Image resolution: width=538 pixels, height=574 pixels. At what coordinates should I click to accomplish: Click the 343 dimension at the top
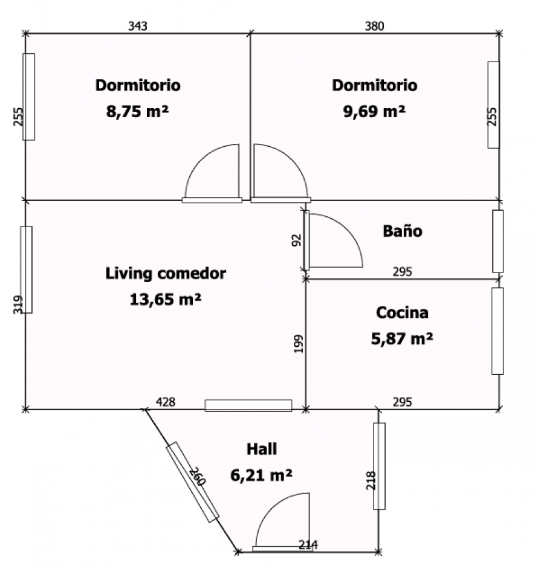138,26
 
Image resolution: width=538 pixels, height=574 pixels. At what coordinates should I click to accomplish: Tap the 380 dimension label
374,26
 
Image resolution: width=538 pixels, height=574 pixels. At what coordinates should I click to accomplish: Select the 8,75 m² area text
137,111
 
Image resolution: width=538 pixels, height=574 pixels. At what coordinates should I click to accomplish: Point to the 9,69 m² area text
374,111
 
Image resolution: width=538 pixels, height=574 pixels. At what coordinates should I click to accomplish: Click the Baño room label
403,231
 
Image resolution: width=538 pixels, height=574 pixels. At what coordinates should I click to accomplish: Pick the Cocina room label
402,312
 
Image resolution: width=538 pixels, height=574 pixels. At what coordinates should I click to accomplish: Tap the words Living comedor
166,274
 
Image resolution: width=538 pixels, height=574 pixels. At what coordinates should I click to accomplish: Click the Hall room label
262,449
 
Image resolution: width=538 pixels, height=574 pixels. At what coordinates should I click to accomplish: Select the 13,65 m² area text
166,300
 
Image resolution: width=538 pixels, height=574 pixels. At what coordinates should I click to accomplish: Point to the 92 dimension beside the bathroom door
296,240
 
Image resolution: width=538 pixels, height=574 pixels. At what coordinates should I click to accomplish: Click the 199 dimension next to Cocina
299,344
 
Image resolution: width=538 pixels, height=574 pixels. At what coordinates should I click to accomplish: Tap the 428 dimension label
166,402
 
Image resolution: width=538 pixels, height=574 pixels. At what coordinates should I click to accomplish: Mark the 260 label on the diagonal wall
198,476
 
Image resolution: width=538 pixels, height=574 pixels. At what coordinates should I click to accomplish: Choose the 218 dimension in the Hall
371,480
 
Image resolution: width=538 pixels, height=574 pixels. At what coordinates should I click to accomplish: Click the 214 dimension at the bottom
308,545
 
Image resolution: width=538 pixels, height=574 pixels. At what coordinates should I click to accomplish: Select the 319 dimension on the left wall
18,305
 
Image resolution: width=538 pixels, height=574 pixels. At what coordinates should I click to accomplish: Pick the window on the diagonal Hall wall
193,482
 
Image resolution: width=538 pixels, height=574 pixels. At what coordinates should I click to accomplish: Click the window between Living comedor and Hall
248,405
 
